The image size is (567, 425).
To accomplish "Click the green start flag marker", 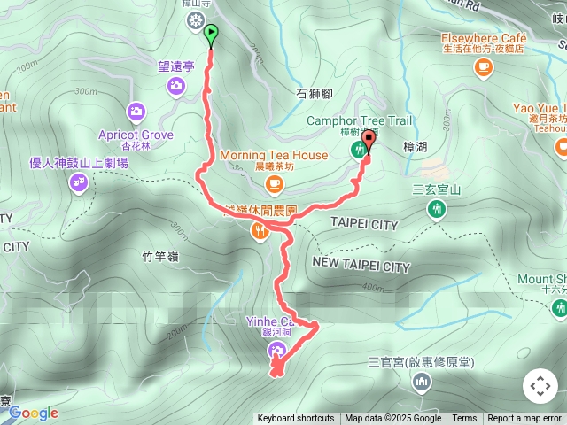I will [211, 35].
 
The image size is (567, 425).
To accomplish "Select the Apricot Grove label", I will [136, 135].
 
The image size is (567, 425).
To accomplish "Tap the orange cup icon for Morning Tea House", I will [274, 183].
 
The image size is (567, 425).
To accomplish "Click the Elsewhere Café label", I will [483, 39].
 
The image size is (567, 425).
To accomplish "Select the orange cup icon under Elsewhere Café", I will [483, 69].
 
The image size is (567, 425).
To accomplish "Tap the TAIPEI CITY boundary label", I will [364, 225].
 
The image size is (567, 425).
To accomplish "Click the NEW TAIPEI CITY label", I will [361, 266].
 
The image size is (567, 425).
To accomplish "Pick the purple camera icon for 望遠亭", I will [176, 85].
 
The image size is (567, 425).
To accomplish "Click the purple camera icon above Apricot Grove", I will [136, 111].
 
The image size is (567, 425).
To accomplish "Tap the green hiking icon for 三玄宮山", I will [435, 209].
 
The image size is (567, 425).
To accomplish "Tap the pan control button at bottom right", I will [539, 386].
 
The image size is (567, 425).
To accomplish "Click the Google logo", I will [34, 413].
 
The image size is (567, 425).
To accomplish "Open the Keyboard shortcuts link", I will [296, 419].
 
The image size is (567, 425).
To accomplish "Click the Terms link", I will [464, 419].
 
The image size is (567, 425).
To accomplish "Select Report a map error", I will [525, 419].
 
